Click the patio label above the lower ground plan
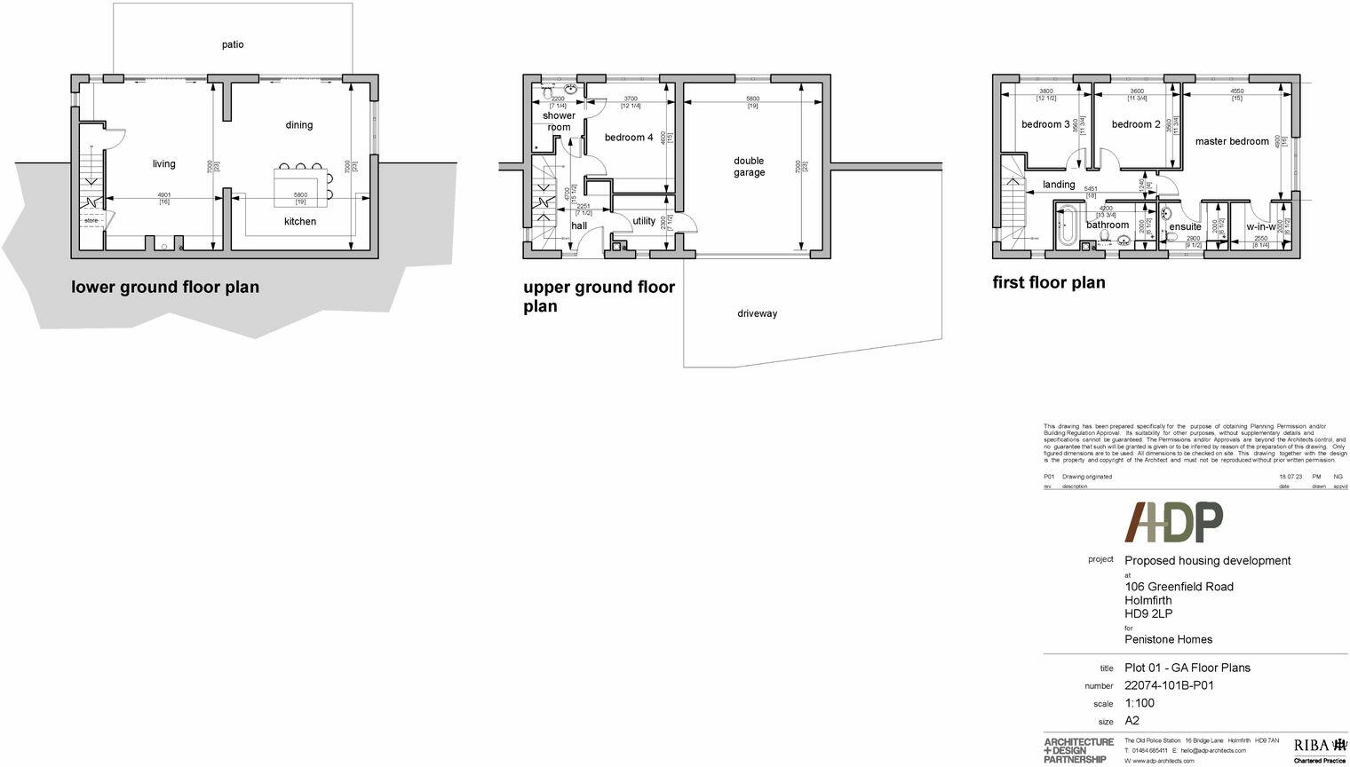pyautogui.click(x=233, y=44)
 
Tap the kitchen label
pyautogui.click(x=300, y=222)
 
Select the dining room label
pyautogui.click(x=299, y=125)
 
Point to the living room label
pyautogui.click(x=164, y=164)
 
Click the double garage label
pyautogui.click(x=749, y=167)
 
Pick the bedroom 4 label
pyautogui.click(x=629, y=138)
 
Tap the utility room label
pyautogui.click(x=644, y=221)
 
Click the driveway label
pyautogui.click(x=757, y=313)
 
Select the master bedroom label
pyautogui.click(x=1232, y=141)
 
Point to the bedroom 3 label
pyautogui.click(x=1045, y=124)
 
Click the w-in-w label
pyautogui.click(x=1261, y=226)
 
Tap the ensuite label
pyautogui.click(x=1185, y=226)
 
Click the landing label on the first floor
pyautogui.click(x=1059, y=185)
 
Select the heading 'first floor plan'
pyautogui.click(x=1049, y=282)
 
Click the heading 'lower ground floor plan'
pyautogui.click(x=165, y=287)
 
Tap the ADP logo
pyautogui.click(x=1173, y=522)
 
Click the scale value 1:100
pyautogui.click(x=1140, y=703)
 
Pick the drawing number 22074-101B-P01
pyautogui.click(x=1169, y=685)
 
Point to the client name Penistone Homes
pyautogui.click(x=1168, y=639)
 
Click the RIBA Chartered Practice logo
pyautogui.click(x=1320, y=748)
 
